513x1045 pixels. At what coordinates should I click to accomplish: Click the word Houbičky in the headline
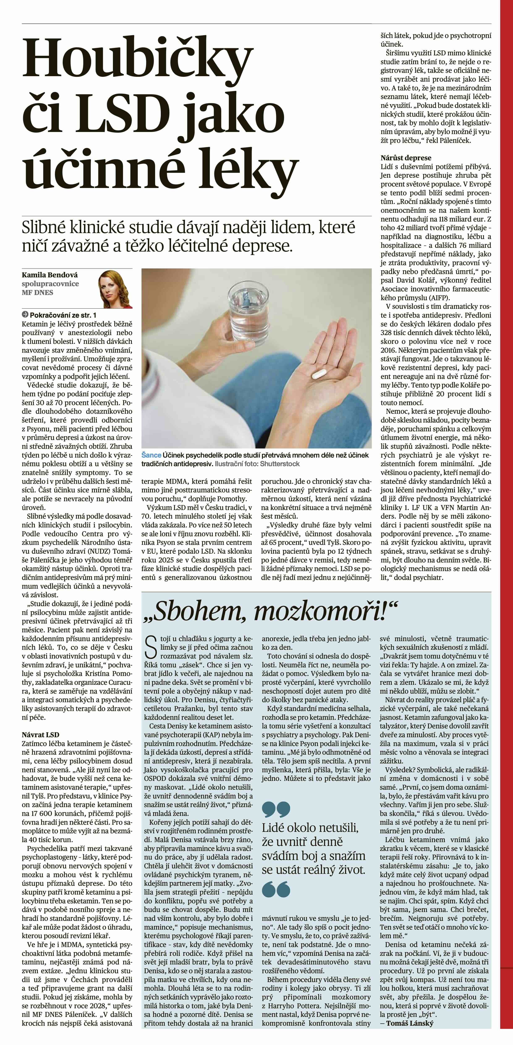[x=138, y=61]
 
